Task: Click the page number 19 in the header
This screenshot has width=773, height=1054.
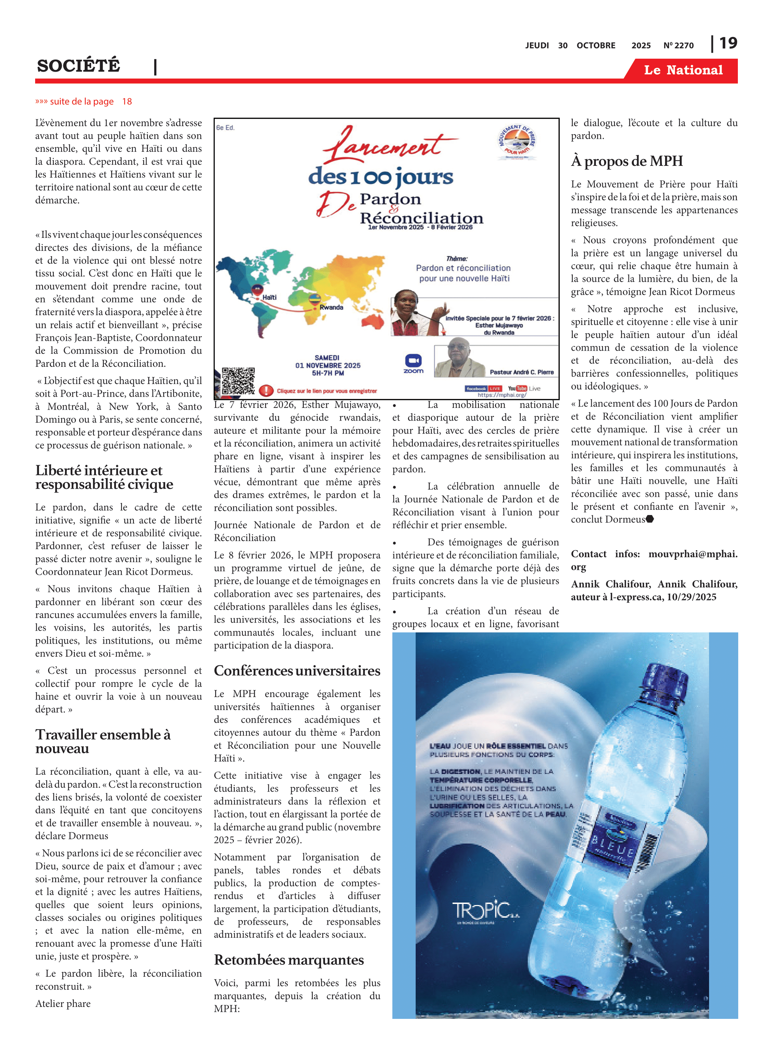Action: click(728, 43)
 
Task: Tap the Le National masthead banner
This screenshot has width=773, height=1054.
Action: click(683, 70)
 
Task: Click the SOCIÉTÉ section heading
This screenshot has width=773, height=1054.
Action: click(79, 65)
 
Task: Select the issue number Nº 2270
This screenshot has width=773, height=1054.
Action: click(678, 45)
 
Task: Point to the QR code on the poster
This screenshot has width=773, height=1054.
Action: click(238, 381)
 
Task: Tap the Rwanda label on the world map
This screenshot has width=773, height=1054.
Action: click(331, 307)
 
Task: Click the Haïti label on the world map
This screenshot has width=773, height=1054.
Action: click(269, 297)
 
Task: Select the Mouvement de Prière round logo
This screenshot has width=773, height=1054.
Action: click(517, 142)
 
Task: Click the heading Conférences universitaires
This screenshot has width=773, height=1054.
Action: click(297, 671)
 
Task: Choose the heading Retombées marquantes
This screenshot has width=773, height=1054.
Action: click(289, 960)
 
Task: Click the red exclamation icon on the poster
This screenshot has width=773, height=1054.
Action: click(266, 390)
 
